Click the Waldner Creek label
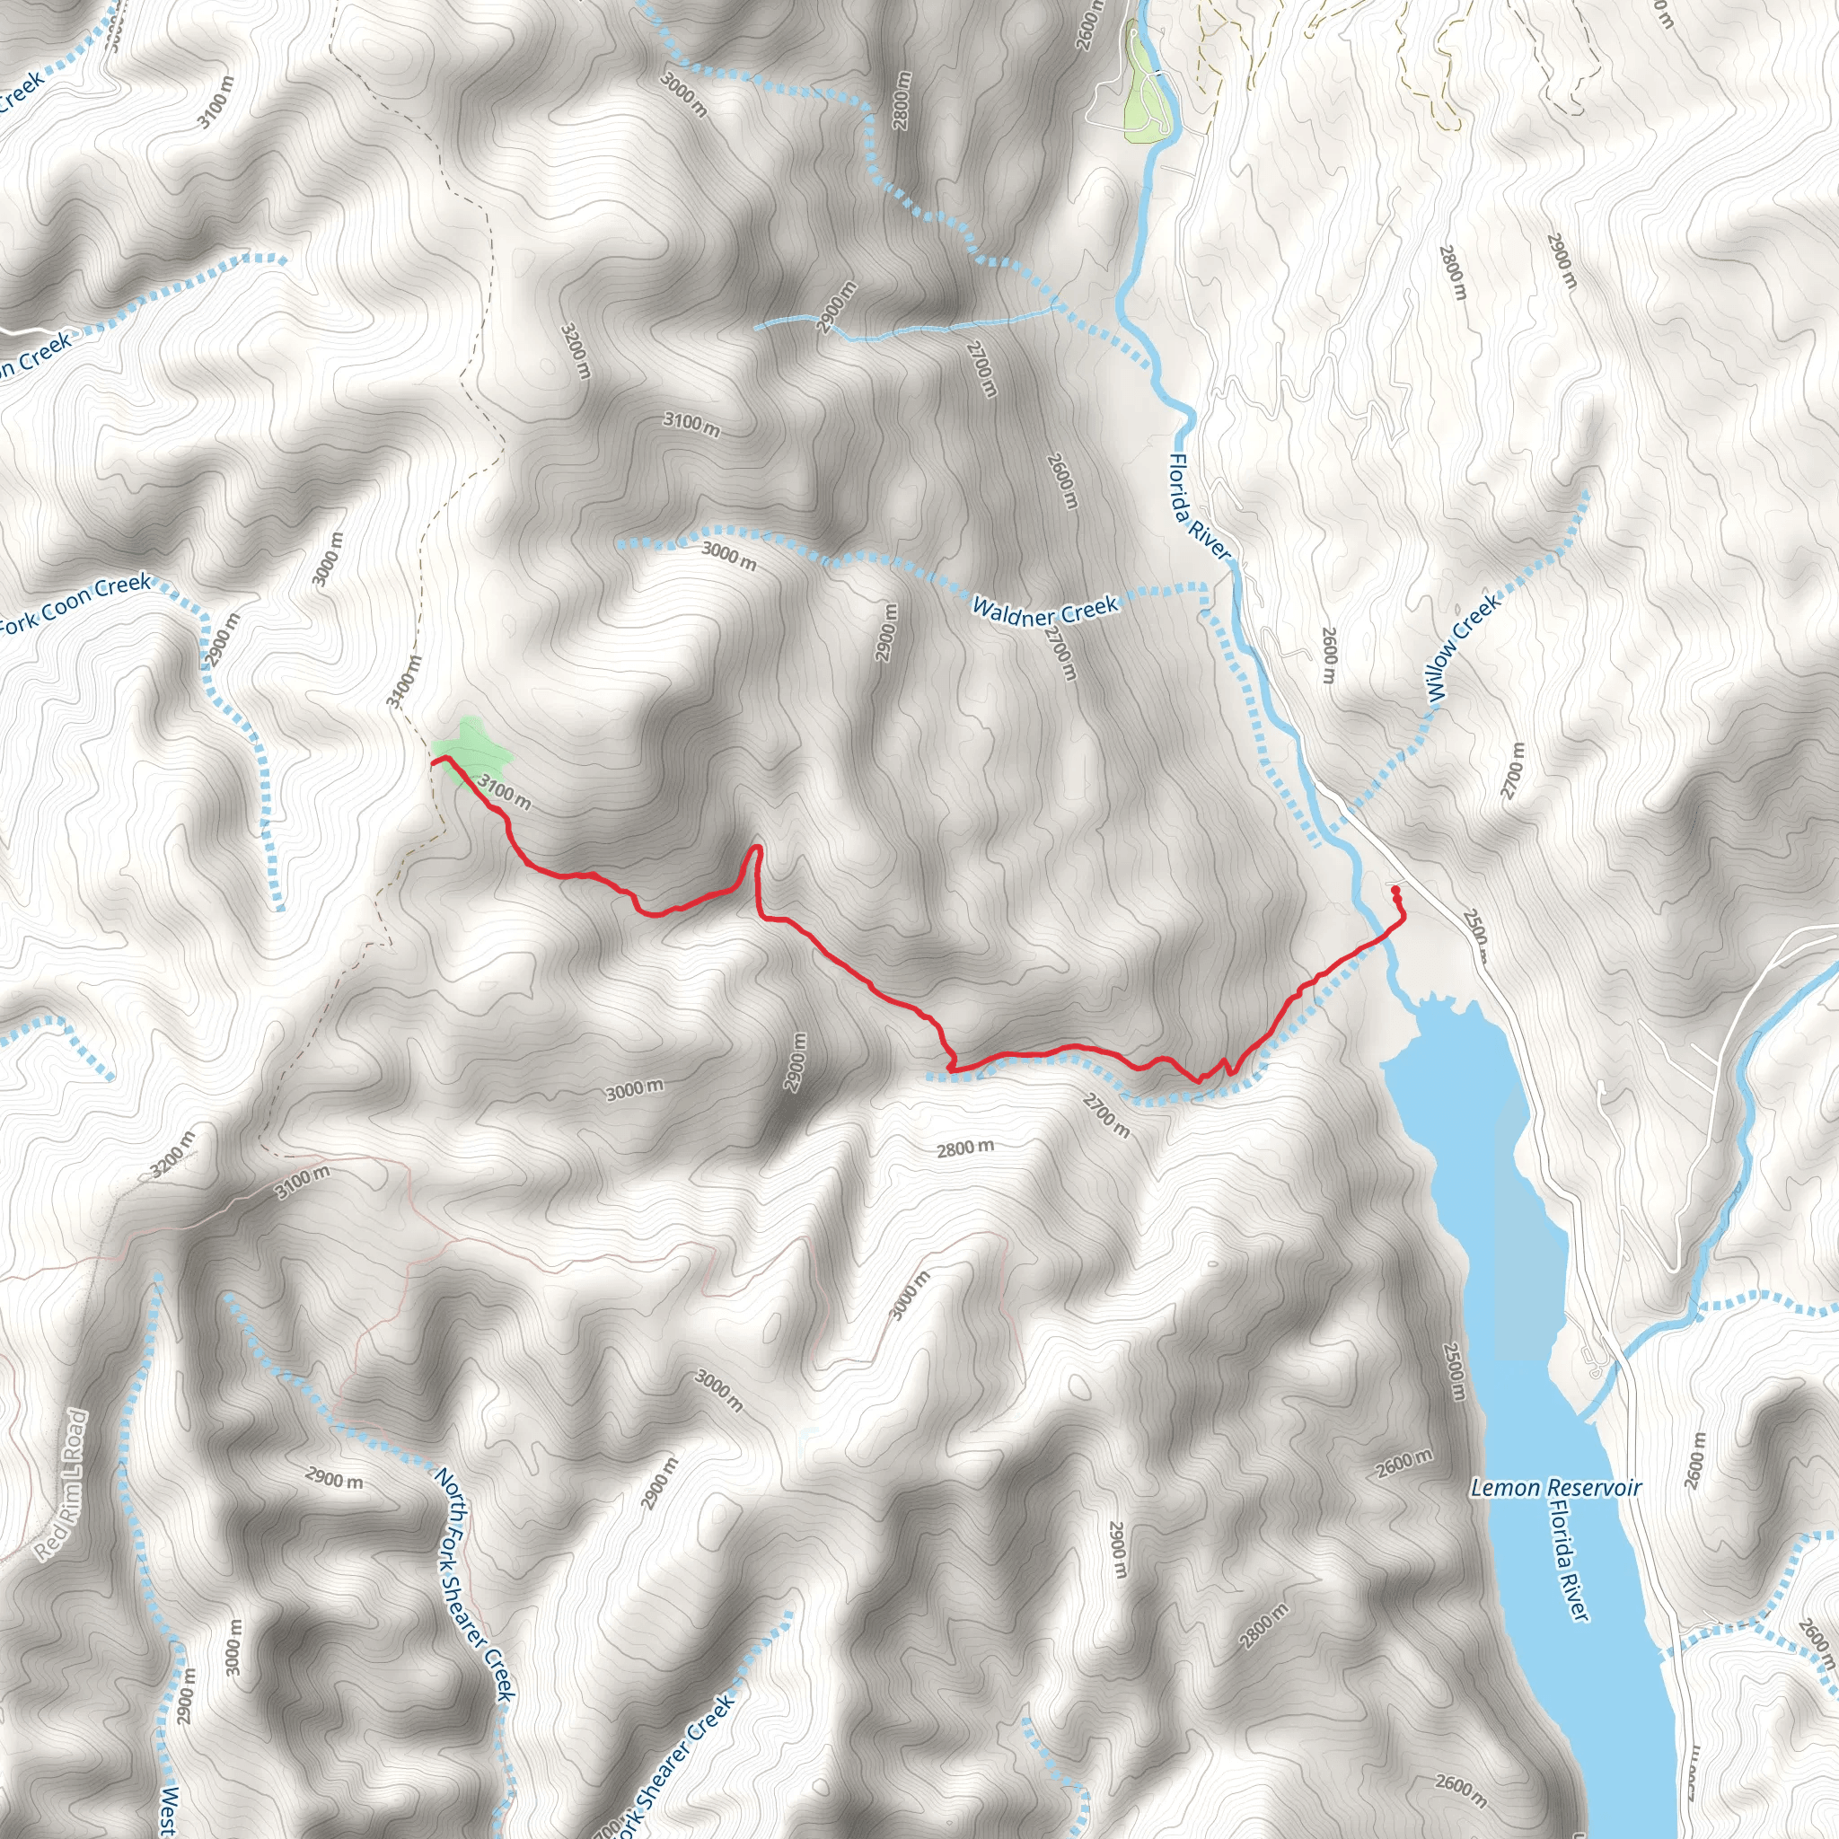click(1044, 609)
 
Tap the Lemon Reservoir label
click(1555, 1487)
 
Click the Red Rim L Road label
click(64, 1484)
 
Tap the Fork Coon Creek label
click(75, 604)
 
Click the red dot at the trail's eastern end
click(1395, 889)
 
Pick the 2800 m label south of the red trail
click(964, 1148)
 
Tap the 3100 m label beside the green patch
click(504, 791)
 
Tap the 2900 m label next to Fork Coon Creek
click(225, 639)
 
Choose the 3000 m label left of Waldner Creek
click(729, 555)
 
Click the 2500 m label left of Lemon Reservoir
click(1454, 1370)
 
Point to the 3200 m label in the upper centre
click(575, 349)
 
